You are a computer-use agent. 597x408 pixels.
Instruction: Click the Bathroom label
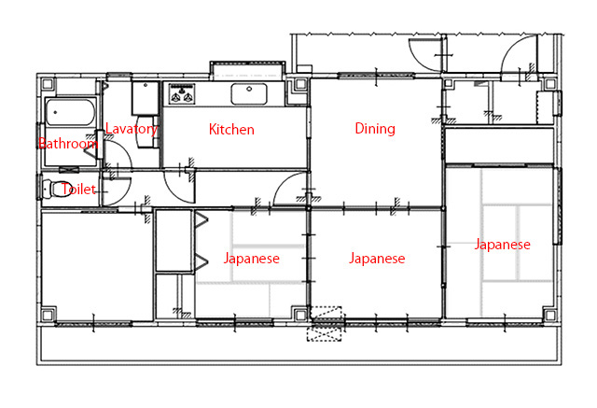pyautogui.click(x=67, y=144)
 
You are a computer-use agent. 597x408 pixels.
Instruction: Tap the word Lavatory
pyautogui.click(x=132, y=129)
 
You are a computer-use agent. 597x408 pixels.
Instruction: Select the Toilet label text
pyautogui.click(x=77, y=189)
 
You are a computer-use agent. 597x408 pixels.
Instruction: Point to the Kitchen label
pyautogui.click(x=231, y=130)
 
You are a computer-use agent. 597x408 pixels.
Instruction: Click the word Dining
pyautogui.click(x=375, y=129)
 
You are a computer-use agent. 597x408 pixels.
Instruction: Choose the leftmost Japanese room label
pyautogui.click(x=251, y=259)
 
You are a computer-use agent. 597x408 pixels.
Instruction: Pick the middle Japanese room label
pyautogui.click(x=377, y=259)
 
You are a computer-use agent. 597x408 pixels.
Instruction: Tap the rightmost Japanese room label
pyautogui.click(x=502, y=245)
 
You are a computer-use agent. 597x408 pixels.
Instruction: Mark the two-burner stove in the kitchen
pyautogui.click(x=180, y=94)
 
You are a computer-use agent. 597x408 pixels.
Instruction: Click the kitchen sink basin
pyautogui.click(x=249, y=93)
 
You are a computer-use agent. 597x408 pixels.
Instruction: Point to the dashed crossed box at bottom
pyautogui.click(x=327, y=328)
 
